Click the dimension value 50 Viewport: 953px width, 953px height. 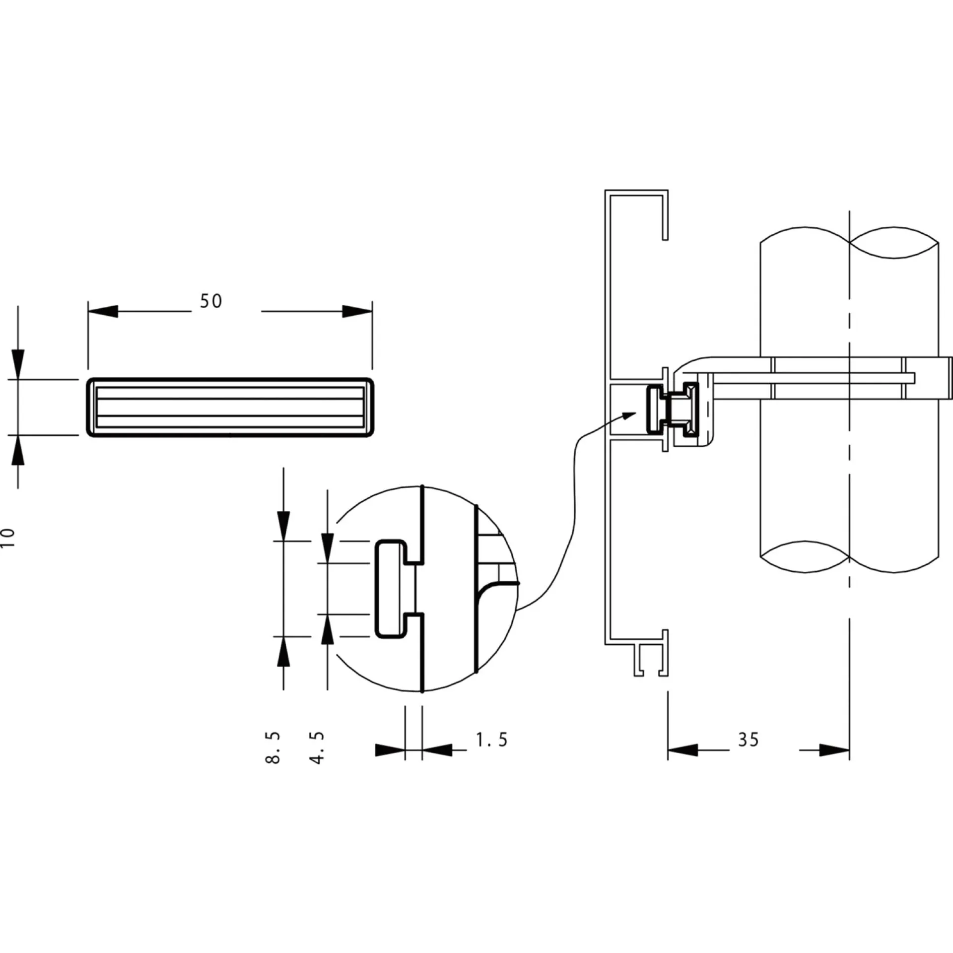[211, 301]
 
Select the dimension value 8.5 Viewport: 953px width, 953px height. [273, 747]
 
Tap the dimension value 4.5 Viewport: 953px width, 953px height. [317, 747]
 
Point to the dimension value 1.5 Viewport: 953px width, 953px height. [492, 740]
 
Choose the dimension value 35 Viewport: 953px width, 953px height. [749, 740]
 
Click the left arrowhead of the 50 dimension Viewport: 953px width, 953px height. [103, 311]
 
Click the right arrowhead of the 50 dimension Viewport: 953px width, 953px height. [357, 311]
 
